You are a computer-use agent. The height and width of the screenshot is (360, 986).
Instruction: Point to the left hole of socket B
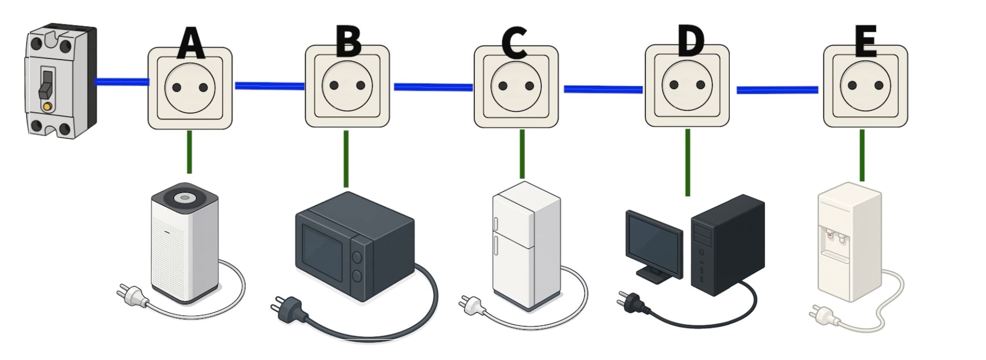[334, 86]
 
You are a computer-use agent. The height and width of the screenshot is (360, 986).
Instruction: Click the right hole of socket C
[529, 86]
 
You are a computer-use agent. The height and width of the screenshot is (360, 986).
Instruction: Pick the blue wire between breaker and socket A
[122, 82]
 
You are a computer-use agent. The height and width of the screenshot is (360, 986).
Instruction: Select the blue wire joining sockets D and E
[777, 90]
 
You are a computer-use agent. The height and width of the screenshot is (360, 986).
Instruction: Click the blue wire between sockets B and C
[433, 87]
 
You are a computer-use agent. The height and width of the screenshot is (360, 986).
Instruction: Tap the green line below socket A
[189, 152]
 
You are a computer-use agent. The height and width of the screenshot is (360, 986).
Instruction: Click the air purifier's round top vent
[183, 197]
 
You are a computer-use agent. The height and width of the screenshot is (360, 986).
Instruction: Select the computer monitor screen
[654, 242]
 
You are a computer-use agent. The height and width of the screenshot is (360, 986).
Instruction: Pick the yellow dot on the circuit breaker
[47, 107]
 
